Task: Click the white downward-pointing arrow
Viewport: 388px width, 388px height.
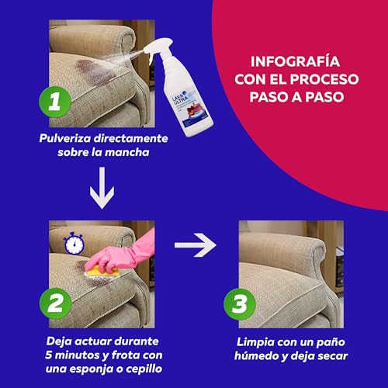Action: pos(97,192)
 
